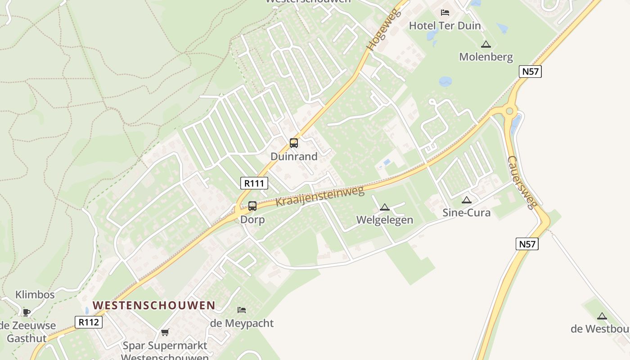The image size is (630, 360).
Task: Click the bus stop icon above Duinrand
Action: tap(294, 143)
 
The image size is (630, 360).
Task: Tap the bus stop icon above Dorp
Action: tap(252, 206)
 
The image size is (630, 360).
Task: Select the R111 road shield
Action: tap(254, 183)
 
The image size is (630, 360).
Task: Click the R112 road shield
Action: tap(89, 322)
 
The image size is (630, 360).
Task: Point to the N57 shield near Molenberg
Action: tap(530, 72)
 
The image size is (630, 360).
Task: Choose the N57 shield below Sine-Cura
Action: tap(527, 244)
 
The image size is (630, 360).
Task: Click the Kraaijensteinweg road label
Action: tap(319, 197)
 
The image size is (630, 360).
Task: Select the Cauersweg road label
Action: tap(522, 182)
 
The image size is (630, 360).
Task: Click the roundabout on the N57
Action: tap(509, 111)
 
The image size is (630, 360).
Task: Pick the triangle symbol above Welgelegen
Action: tap(384, 207)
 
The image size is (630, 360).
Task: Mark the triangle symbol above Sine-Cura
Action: tap(467, 200)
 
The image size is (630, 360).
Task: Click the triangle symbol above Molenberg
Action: tap(486, 44)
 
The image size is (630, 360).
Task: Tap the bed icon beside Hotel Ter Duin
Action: tap(445, 13)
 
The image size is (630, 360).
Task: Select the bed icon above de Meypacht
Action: tap(242, 310)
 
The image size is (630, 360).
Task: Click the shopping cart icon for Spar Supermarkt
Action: tap(165, 333)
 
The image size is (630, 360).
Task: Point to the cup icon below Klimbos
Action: tap(27, 312)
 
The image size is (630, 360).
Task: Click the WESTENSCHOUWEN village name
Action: tap(154, 305)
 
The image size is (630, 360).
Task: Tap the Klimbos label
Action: tap(35, 295)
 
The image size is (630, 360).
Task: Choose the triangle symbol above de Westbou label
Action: tap(602, 316)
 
